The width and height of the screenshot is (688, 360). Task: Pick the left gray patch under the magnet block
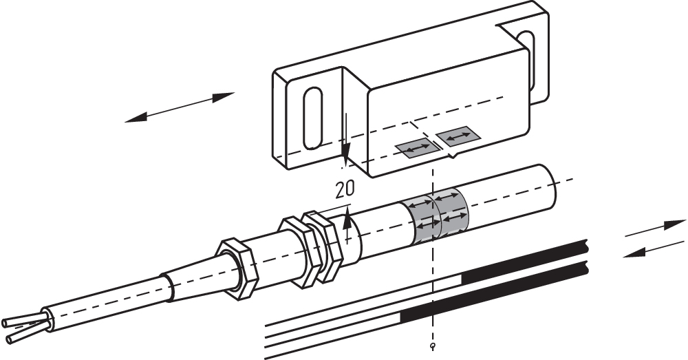pyautogui.click(x=417, y=148)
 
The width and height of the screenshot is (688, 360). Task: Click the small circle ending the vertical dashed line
pyautogui.click(x=431, y=346)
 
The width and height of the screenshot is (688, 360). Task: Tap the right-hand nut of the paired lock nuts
pyautogui.click(x=325, y=245)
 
